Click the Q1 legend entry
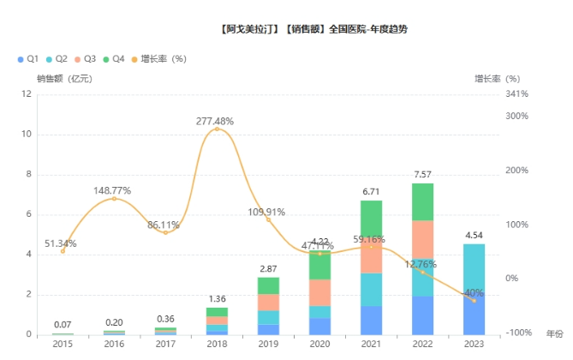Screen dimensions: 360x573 pos(28,59)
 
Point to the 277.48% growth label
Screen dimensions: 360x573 pos(214,122)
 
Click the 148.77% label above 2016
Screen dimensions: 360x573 pos(114,190)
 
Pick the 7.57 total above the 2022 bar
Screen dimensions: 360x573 pos(422,175)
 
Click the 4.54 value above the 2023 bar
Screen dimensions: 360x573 pos(474,235)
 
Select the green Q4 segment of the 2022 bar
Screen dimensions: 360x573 pos(422,201)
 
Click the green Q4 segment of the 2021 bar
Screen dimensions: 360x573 pos(371,216)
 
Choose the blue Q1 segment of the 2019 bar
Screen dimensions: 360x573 pos(268,329)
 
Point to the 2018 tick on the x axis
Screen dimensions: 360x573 pos(217,343)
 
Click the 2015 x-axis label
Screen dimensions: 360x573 pos(63,343)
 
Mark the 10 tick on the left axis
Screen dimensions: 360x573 pos(28,135)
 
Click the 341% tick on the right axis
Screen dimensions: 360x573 pos(516,94)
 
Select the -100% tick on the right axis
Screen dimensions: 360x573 pos(516,333)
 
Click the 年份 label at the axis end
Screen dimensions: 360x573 pos(555,333)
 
